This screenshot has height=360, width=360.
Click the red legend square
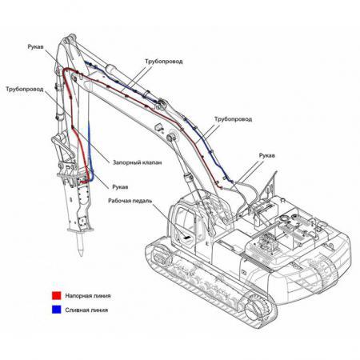pos(57,295)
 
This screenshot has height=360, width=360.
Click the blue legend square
pos(57,310)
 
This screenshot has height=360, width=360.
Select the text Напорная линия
pos(88,296)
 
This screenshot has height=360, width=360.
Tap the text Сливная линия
pos(86,310)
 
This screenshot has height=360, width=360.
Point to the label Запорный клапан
pos(137,162)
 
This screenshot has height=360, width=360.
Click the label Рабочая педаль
pos(130,201)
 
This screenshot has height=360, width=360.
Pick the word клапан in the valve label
pos(152,162)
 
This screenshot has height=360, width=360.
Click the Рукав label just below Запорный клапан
pos(120,187)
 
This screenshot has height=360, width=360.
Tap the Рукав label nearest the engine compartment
pos(266,155)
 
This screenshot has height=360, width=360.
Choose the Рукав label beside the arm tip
pos(35,46)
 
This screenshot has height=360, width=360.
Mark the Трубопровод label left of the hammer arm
pos(25,89)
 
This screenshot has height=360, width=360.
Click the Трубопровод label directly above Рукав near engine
pos(233,119)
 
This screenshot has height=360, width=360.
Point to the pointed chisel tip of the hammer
pos(81,254)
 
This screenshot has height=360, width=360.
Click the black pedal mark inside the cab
pos(187,237)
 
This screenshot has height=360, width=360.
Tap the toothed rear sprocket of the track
pos(257,309)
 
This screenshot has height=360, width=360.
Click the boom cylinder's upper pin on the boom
pos(170,138)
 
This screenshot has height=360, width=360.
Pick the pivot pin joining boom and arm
pos(161,102)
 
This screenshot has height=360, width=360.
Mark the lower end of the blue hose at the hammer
pos(90,181)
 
